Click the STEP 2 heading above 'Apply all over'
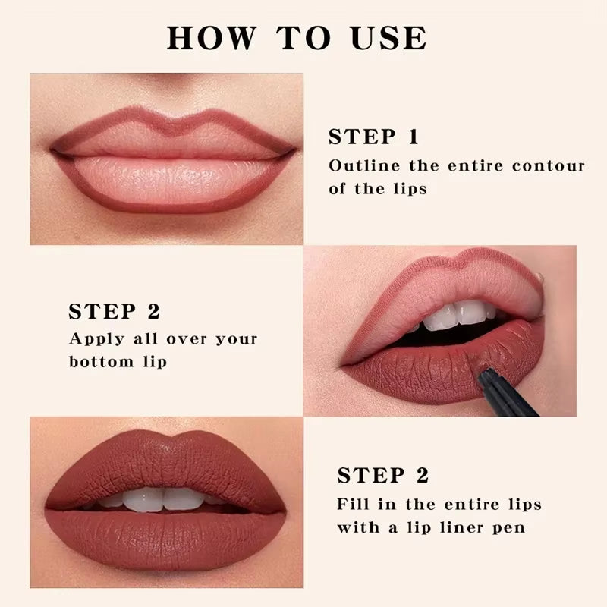pyautogui.click(x=114, y=312)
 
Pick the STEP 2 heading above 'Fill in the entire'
pyautogui.click(x=383, y=476)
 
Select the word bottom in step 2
pyautogui.click(x=99, y=362)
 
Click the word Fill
pyautogui.click(x=354, y=504)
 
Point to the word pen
pyautogui.click(x=508, y=527)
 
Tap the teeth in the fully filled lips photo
pyautogui.click(x=164, y=498)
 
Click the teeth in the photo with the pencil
pyautogui.click(x=455, y=316)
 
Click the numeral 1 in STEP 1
pyautogui.click(x=414, y=137)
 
